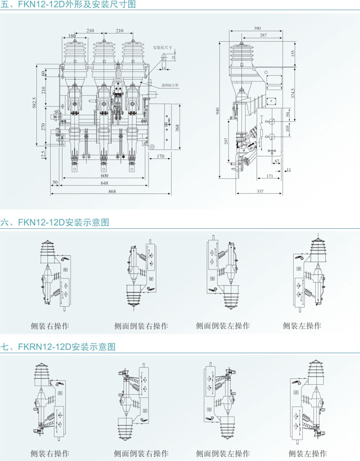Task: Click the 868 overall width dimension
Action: pyautogui.click(x=112, y=192)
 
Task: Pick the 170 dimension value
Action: pyautogui.click(x=161, y=156)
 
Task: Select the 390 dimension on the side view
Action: pyautogui.click(x=257, y=28)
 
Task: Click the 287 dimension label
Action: pyautogui.click(x=263, y=35)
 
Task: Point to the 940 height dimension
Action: pyautogui.click(x=217, y=111)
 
